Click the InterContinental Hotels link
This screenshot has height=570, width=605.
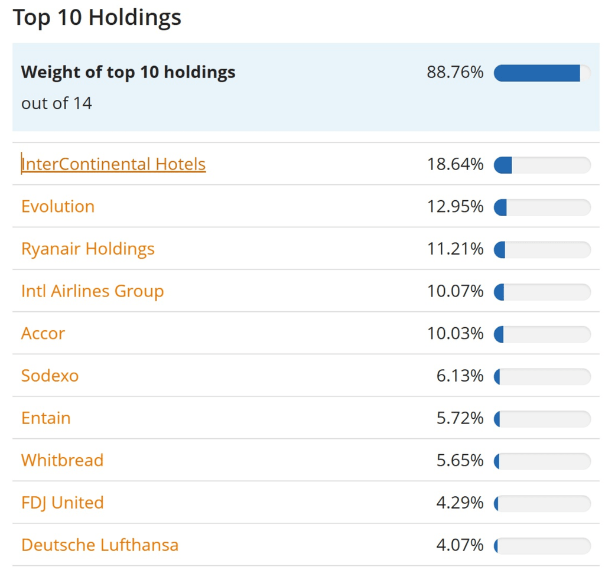[x=113, y=164]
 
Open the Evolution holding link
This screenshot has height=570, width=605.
[x=58, y=207]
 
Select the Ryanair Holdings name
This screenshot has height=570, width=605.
[x=88, y=249]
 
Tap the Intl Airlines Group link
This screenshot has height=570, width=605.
[x=93, y=291]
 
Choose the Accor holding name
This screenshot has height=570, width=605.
[x=43, y=334]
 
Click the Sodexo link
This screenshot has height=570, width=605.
[x=50, y=376]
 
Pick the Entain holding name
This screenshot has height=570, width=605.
[x=46, y=418]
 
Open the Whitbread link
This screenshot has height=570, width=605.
[x=63, y=460]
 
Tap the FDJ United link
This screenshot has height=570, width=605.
[x=63, y=503]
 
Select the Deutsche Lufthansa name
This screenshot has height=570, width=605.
[x=100, y=545]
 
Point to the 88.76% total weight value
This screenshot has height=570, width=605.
[x=455, y=73]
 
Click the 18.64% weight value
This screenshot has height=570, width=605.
[x=455, y=164]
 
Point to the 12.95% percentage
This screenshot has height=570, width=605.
[x=455, y=207]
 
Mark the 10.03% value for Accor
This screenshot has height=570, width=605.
[x=455, y=334]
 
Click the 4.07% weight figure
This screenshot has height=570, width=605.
[x=460, y=545]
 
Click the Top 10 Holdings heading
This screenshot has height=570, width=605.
[x=97, y=18]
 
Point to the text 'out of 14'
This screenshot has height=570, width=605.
[x=57, y=103]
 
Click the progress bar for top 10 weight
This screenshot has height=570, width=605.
[x=542, y=73]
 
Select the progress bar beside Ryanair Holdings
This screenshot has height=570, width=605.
[x=542, y=249]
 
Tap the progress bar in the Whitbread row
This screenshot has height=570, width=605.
[x=542, y=461]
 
